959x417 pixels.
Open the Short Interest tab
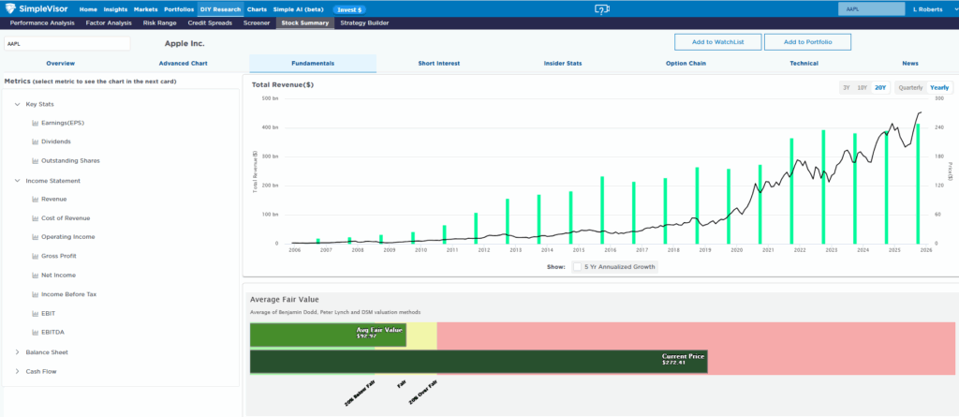[x=439, y=64]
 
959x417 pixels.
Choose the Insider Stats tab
[x=562, y=64]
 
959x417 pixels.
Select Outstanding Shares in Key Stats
[x=70, y=161]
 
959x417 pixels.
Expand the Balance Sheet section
[x=47, y=352]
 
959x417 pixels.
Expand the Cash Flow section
[x=40, y=371]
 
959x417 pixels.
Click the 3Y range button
[x=847, y=87]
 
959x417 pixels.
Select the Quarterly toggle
[x=910, y=87]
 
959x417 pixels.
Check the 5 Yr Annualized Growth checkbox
[x=578, y=267]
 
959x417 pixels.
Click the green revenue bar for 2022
[x=791, y=190]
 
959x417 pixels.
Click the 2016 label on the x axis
[x=610, y=250]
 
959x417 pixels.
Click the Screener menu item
[x=257, y=22]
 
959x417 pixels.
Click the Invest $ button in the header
[x=349, y=8]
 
